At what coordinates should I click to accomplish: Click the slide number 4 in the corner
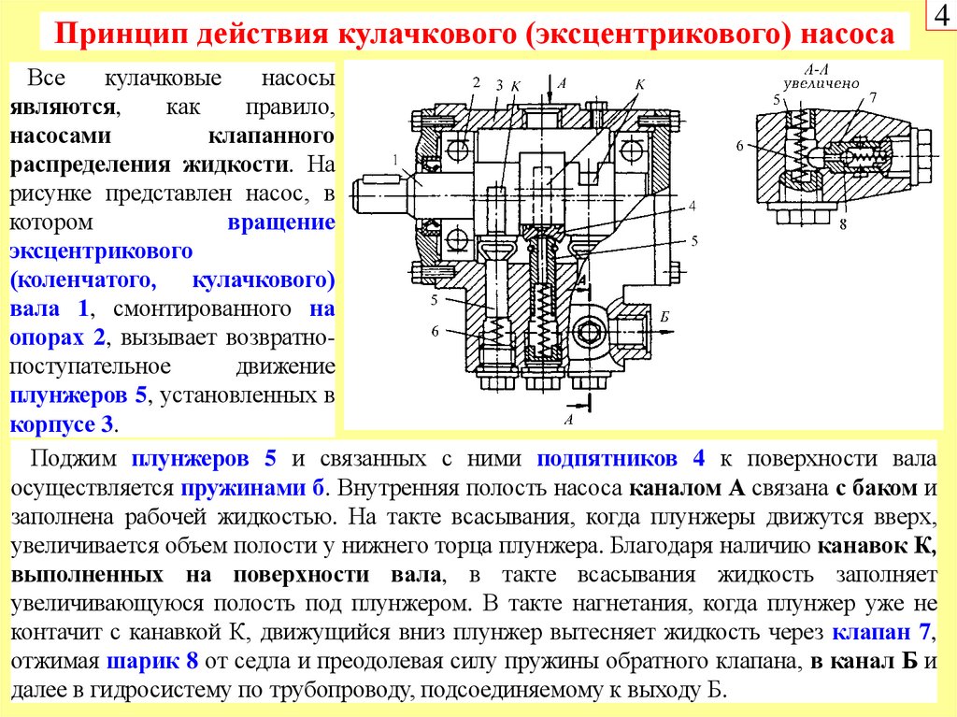click(x=939, y=17)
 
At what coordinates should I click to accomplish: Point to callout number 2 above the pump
click(x=476, y=82)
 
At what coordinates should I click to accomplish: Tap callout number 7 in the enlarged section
click(x=871, y=97)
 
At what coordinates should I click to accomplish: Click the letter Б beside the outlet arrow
click(x=664, y=318)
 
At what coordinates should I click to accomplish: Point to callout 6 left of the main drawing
click(x=435, y=331)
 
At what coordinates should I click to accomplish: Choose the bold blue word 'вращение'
click(x=281, y=223)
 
